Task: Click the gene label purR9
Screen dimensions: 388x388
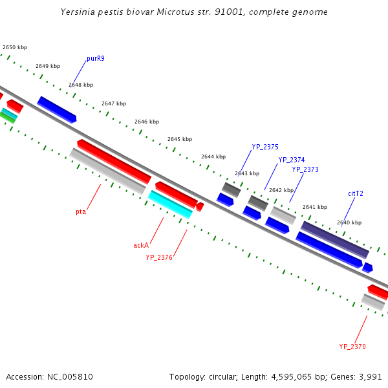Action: tap(96, 58)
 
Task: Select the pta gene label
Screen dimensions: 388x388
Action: tap(81, 211)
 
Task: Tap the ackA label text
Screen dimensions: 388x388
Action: tap(141, 245)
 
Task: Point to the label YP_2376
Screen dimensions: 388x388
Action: tap(159, 257)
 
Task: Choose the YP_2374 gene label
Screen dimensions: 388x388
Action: tap(292, 160)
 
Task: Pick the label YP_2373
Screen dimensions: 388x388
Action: tap(305, 169)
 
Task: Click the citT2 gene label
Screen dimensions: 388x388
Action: tap(356, 193)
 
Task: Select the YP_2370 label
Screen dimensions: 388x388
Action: tap(352, 347)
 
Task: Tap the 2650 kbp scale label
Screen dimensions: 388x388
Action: tap(15, 47)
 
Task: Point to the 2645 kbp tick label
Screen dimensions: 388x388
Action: tap(180, 139)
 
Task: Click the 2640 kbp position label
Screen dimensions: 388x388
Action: tap(349, 222)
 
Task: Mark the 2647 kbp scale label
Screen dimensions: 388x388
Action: tap(114, 103)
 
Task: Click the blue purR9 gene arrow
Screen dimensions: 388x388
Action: tap(57, 109)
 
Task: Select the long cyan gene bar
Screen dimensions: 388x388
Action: tap(171, 204)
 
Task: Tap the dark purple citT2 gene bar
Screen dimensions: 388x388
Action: tap(334, 239)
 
